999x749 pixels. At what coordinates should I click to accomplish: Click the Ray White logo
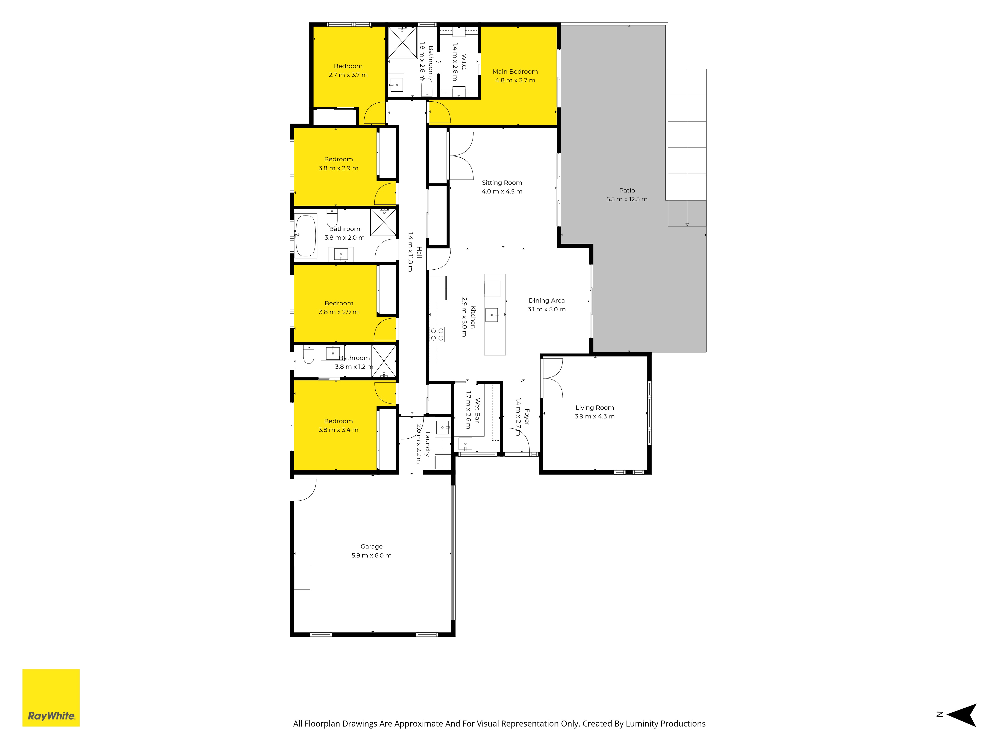pyautogui.click(x=51, y=698)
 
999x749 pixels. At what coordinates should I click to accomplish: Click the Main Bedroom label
pyautogui.click(x=515, y=71)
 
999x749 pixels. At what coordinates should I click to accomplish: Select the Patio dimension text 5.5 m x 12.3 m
pyautogui.click(x=627, y=199)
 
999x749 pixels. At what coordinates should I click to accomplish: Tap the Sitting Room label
pyautogui.click(x=502, y=183)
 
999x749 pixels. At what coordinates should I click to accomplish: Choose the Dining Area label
pyautogui.click(x=546, y=301)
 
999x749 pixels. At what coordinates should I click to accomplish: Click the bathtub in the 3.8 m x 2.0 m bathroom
pyautogui.click(x=306, y=235)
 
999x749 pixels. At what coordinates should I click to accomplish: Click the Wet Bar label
pyautogui.click(x=477, y=410)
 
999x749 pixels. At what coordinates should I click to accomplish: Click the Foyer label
pyautogui.click(x=526, y=417)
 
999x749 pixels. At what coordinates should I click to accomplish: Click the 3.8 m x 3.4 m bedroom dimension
pyautogui.click(x=338, y=430)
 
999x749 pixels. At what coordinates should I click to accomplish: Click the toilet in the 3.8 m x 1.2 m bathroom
pyautogui.click(x=308, y=355)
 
